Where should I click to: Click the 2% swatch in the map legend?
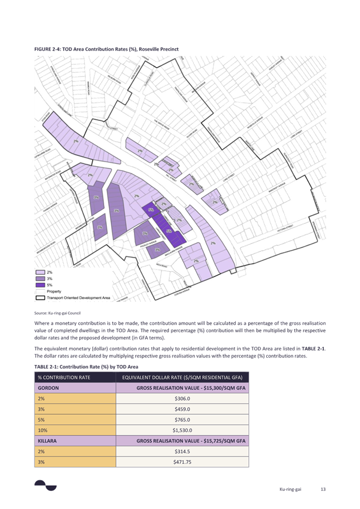point(40,273)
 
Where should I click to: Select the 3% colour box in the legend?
point(40,279)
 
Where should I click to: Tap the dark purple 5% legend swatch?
point(40,285)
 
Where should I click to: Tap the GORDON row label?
point(48,388)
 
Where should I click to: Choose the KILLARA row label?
point(47,440)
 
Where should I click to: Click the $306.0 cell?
point(182,398)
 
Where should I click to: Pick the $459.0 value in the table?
point(182,409)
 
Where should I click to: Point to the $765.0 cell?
point(182,419)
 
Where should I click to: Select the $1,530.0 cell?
point(182,429)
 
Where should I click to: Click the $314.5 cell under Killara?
point(182,450)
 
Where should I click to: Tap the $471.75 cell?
point(182,461)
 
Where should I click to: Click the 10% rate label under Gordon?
point(42,429)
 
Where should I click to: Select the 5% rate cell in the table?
point(41,419)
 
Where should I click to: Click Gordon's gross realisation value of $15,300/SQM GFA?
point(190,388)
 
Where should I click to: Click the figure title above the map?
point(107,49)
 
